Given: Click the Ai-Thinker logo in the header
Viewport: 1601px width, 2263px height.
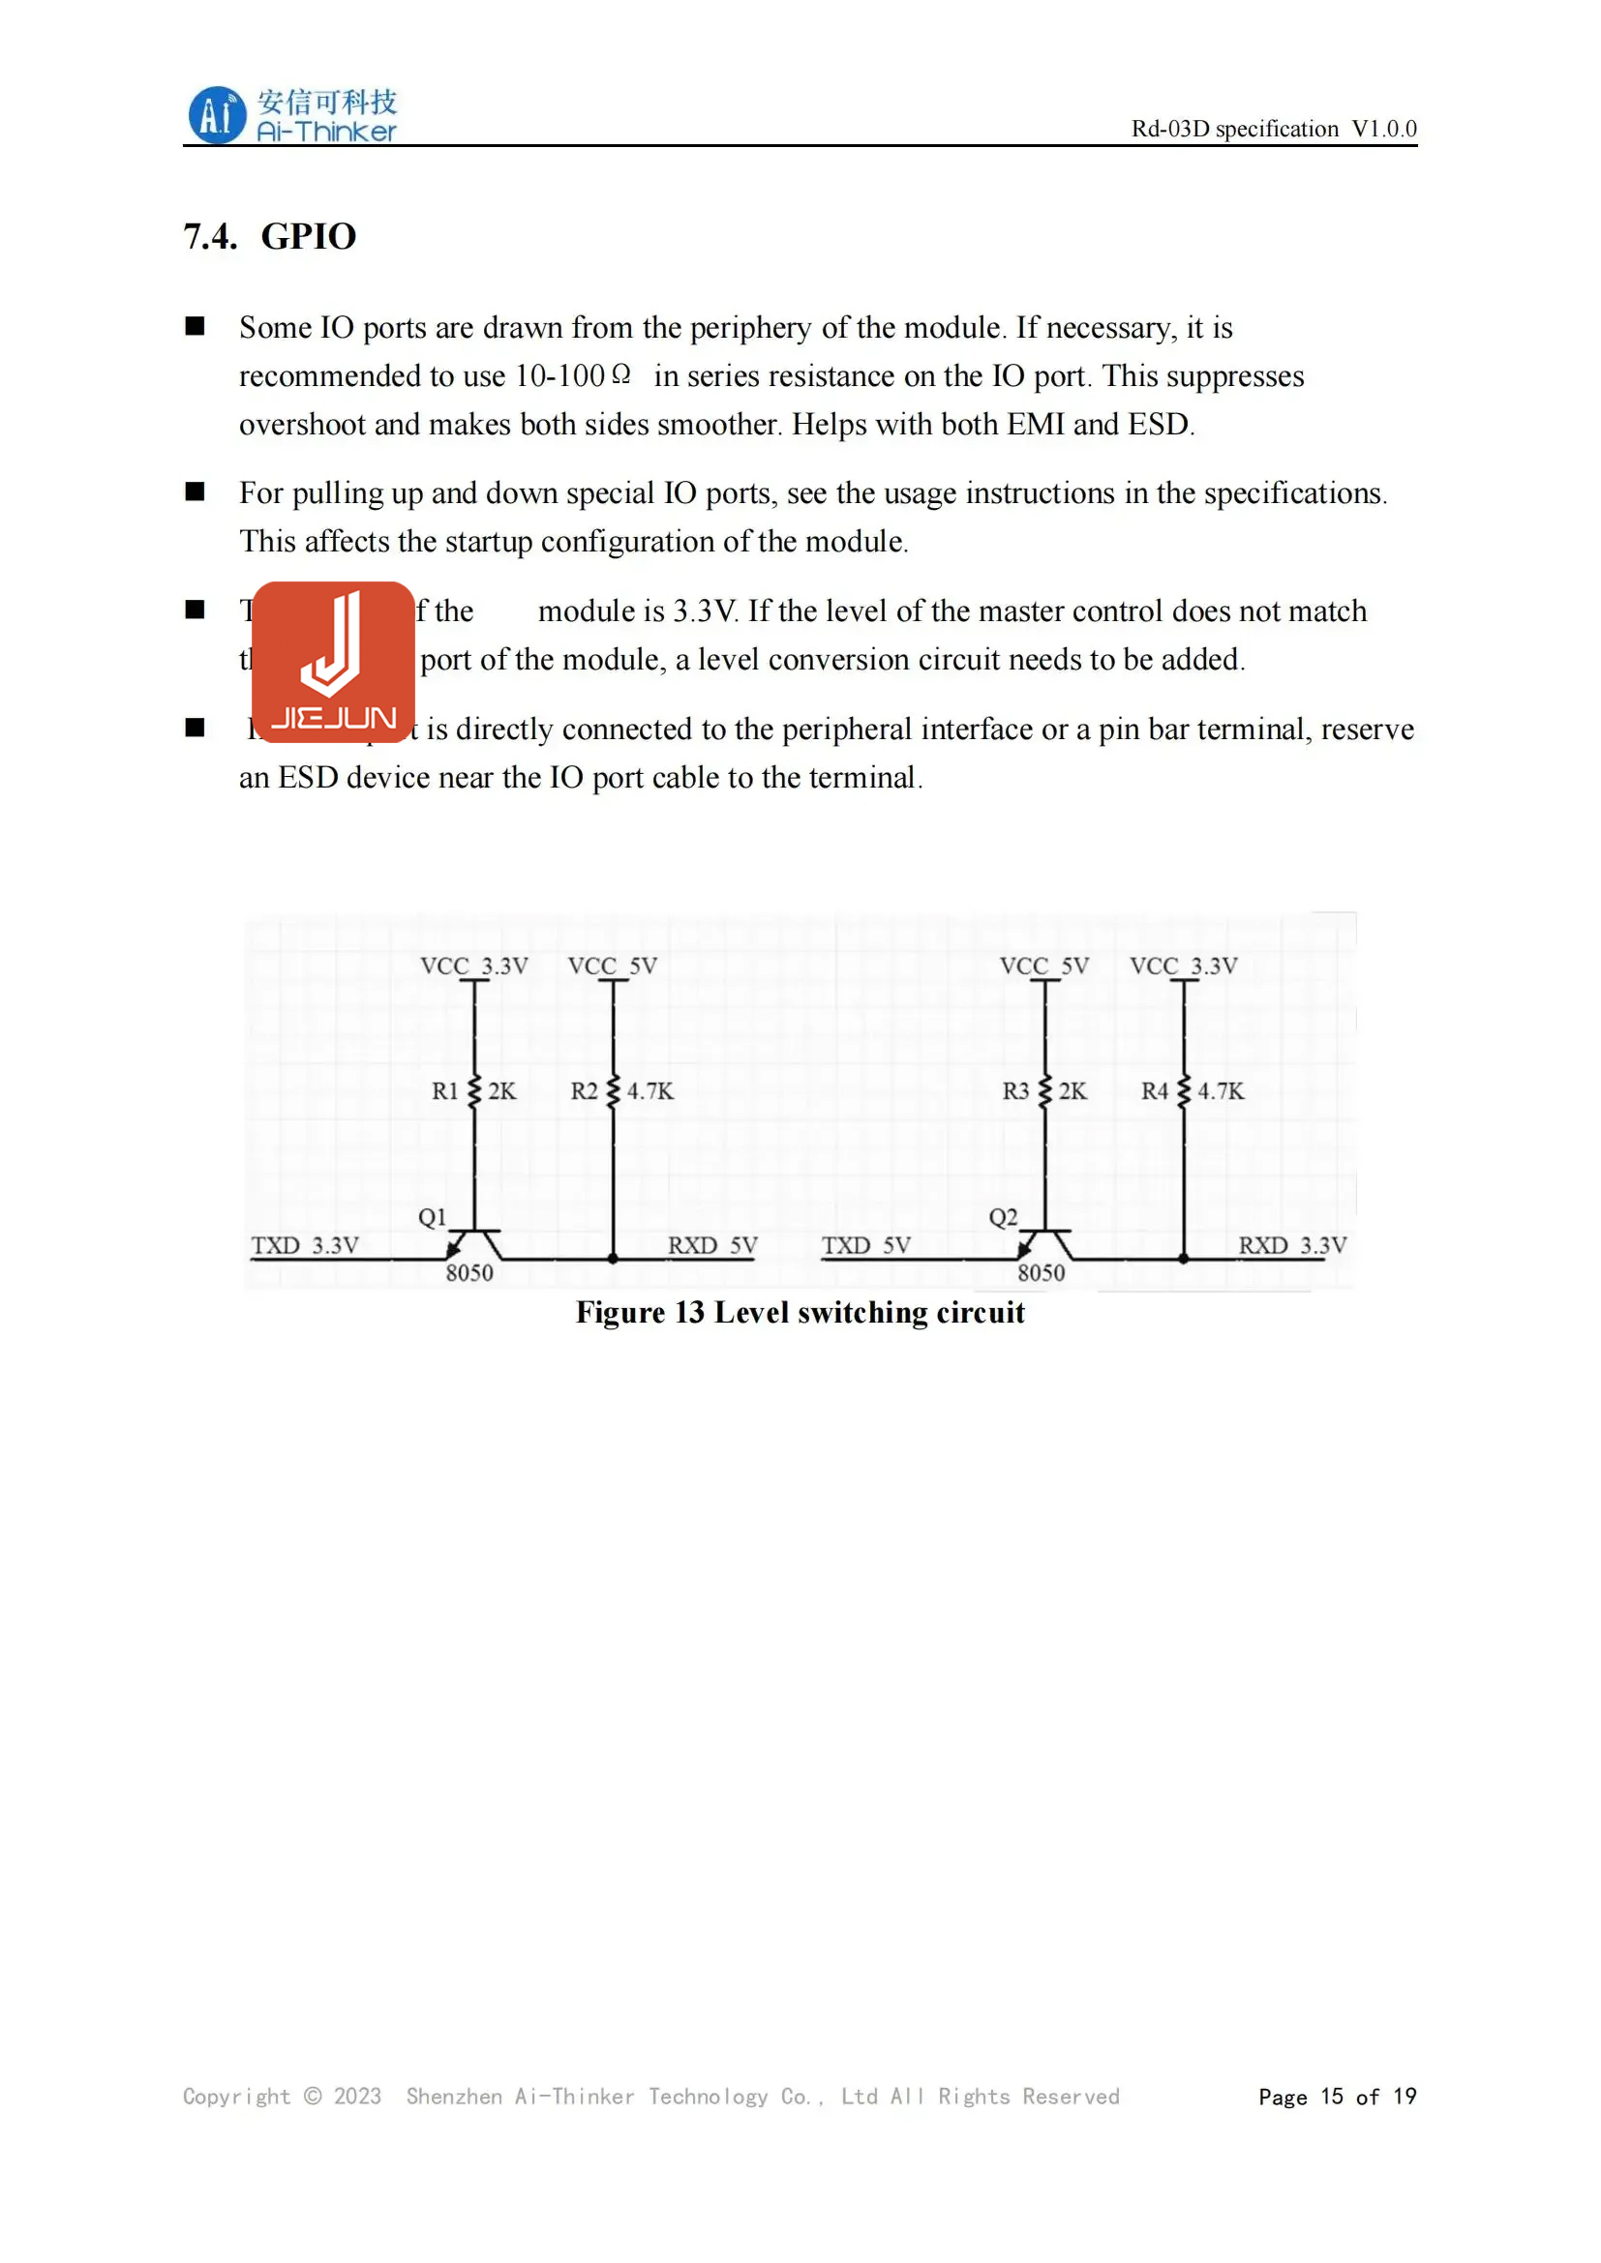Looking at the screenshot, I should pyautogui.click(x=291, y=115).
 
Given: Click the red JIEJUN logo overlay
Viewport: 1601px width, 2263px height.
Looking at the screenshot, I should pyautogui.click(x=333, y=662).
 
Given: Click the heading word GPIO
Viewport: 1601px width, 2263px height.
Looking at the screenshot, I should pyautogui.click(x=309, y=236).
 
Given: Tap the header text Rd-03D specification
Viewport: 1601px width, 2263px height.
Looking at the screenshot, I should pyautogui.click(x=1234, y=129).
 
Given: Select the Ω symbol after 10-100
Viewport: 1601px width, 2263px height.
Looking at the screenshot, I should pyautogui.click(x=620, y=374).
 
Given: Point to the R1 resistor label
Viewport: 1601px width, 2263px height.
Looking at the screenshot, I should pyautogui.click(x=444, y=1091).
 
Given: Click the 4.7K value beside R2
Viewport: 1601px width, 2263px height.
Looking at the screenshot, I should pyautogui.click(x=649, y=1091).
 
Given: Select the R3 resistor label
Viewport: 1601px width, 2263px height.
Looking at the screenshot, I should pyautogui.click(x=1014, y=1091).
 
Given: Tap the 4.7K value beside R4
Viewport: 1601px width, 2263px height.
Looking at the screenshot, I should pyautogui.click(x=1221, y=1091).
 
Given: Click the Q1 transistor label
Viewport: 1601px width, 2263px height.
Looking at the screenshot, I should pyautogui.click(x=432, y=1217).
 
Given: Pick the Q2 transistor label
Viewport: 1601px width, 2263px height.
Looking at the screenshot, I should pyautogui.click(x=1003, y=1217).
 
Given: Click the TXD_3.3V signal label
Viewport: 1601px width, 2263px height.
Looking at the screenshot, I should pyautogui.click(x=305, y=1246).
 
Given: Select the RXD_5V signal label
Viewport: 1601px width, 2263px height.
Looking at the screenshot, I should pyautogui.click(x=711, y=1246).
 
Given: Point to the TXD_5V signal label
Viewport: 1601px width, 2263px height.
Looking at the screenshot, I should pyautogui.click(x=865, y=1246).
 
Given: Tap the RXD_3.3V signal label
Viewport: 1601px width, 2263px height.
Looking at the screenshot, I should pyautogui.click(x=1291, y=1246).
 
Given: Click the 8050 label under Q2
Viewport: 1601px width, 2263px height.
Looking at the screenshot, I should pyautogui.click(x=1042, y=1273).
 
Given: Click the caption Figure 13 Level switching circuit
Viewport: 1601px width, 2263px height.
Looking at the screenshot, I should pyautogui.click(x=800, y=1313).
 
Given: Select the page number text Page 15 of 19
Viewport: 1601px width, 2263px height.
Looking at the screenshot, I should pyautogui.click(x=1337, y=2097).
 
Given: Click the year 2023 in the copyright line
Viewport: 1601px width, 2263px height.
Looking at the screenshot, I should pyautogui.click(x=357, y=2097).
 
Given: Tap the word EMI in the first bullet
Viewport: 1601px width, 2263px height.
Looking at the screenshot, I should pyautogui.click(x=1035, y=424).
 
